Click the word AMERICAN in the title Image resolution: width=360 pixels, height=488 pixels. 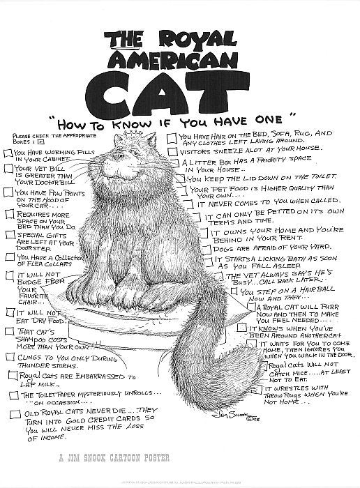click(180, 57)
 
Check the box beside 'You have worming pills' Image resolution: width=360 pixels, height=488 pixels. click(9, 153)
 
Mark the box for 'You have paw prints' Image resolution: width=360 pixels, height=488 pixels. click(8, 192)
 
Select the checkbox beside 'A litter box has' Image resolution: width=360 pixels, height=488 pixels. click(174, 164)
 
